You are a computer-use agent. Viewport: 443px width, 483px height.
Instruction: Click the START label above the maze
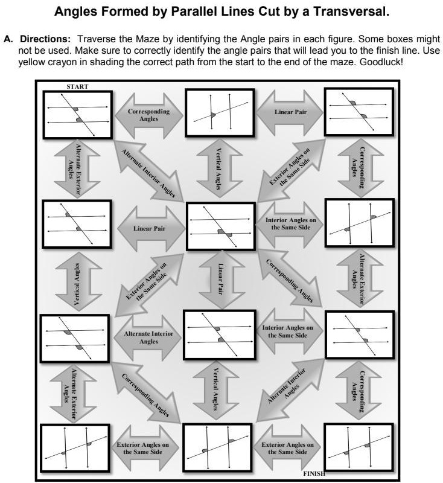point(77,86)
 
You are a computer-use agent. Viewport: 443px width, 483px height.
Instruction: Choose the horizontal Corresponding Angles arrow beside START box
point(148,115)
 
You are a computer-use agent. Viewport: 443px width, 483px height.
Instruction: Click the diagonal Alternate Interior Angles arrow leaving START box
point(148,173)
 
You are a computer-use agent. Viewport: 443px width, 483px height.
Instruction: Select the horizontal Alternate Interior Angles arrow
point(148,337)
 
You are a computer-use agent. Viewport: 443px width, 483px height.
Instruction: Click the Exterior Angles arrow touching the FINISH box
point(287,448)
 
